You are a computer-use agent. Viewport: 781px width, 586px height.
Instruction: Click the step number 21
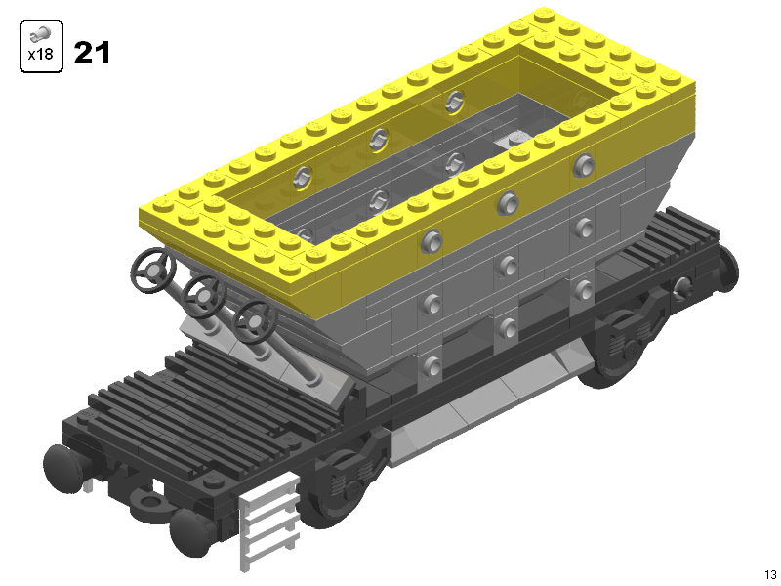92,53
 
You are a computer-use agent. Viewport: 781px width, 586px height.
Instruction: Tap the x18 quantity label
41,54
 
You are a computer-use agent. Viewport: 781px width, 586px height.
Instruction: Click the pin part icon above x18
40,34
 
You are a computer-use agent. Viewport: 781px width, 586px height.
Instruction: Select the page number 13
770,575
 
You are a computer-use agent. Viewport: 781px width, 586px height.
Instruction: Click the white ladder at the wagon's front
269,521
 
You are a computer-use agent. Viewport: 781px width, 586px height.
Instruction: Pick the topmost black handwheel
153,271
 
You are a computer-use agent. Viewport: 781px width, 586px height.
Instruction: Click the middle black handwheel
204,297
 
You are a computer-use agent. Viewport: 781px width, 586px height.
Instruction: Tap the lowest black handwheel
255,321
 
